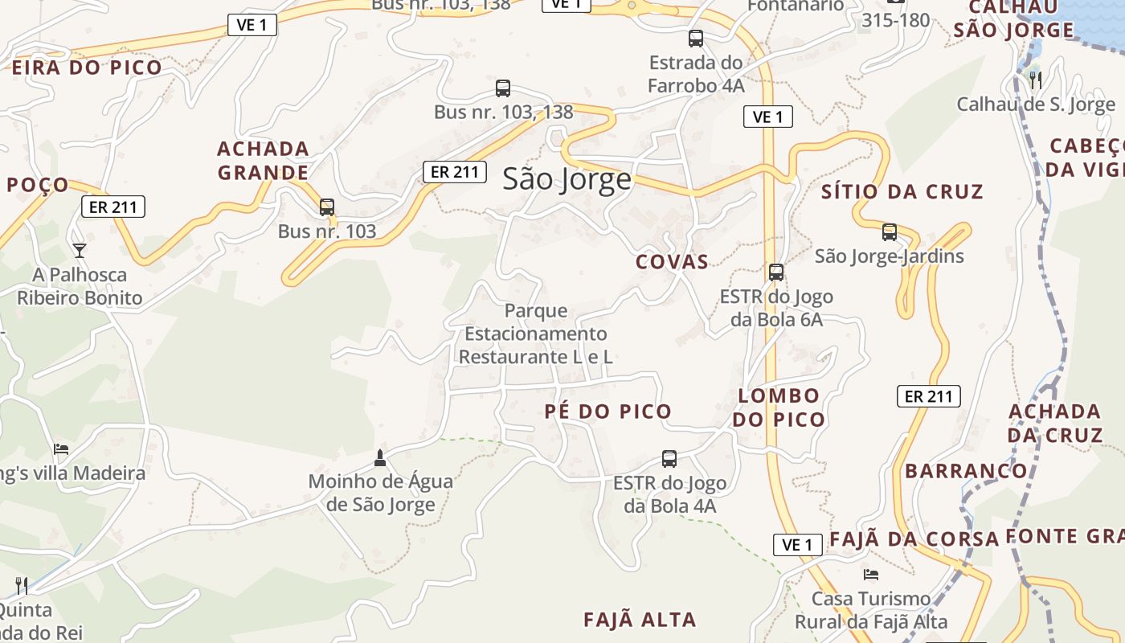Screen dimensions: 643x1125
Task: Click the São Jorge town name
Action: point(567,179)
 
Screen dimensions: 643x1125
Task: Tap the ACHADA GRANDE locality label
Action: point(263,161)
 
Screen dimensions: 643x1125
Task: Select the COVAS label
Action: point(672,262)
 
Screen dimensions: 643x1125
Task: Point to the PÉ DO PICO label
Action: point(607,412)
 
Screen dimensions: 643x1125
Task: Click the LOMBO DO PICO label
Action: point(779,408)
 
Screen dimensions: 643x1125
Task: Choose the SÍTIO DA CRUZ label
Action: point(902,192)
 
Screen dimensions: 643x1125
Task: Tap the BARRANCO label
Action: point(967,471)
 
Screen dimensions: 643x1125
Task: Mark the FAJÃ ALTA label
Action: point(640,620)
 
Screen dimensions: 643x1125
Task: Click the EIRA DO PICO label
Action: point(87,68)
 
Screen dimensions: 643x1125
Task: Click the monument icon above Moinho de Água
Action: point(380,458)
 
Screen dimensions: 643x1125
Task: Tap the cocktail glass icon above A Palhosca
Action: point(80,251)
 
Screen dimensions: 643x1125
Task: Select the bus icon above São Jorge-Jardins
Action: point(889,232)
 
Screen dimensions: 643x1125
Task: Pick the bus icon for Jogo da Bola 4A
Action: point(669,459)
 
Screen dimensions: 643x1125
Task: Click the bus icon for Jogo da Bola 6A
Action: point(775,272)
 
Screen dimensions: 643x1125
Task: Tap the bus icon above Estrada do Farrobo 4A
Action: point(696,38)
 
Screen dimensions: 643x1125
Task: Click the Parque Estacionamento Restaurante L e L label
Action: point(535,334)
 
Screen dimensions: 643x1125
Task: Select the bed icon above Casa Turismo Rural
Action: point(870,575)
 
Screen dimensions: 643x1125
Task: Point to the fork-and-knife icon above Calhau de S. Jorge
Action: point(1035,80)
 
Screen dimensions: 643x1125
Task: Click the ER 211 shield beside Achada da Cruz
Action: point(928,396)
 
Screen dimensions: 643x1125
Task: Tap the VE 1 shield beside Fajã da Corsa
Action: point(797,545)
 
